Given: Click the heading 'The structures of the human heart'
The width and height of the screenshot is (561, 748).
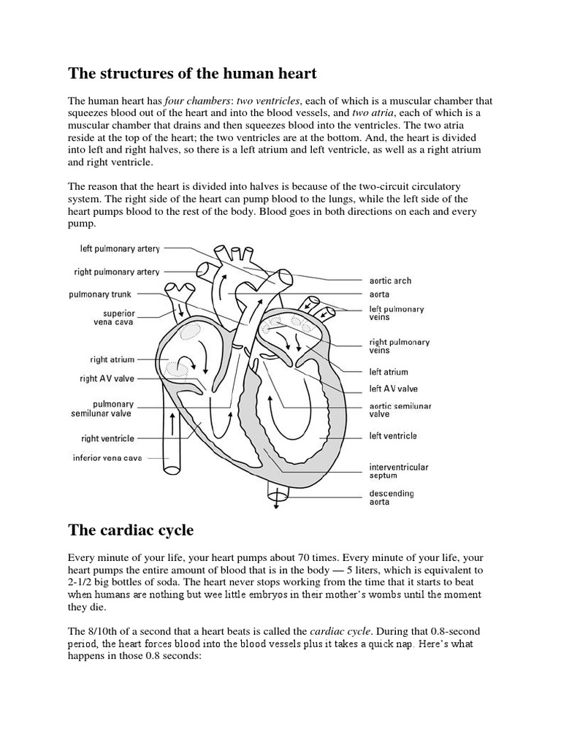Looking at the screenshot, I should click(192, 73).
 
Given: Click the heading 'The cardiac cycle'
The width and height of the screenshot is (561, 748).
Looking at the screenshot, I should click(131, 530).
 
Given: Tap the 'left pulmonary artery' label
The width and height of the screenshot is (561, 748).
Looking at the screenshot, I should click(120, 249).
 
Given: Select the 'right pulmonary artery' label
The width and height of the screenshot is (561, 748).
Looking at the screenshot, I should click(117, 272).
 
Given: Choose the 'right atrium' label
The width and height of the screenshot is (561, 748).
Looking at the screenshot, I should click(112, 359).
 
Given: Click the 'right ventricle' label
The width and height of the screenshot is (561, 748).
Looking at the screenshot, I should click(107, 438).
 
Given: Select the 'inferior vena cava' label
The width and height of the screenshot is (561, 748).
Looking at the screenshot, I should click(107, 458).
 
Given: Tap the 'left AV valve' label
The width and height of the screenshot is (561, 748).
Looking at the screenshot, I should click(393, 389).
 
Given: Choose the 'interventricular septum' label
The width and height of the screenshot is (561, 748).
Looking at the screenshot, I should click(399, 470).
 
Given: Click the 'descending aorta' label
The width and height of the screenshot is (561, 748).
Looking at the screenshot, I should click(390, 497).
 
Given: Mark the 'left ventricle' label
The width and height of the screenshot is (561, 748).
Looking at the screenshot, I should click(393, 436).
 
